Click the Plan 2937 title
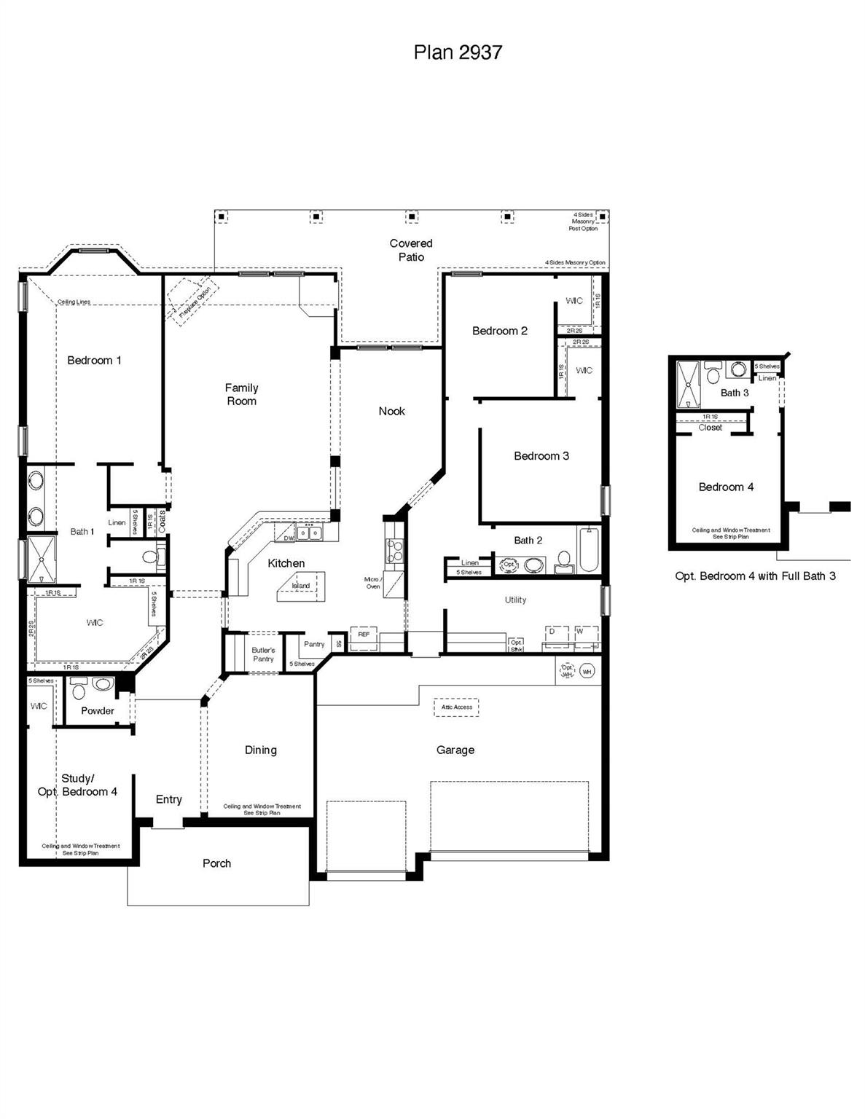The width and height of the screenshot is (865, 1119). (458, 52)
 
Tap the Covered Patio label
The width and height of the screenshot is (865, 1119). (411, 250)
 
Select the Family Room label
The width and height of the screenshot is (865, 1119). (241, 394)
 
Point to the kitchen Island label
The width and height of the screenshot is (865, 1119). (301, 586)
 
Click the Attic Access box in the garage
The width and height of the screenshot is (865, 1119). (457, 707)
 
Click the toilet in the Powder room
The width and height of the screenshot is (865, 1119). (103, 685)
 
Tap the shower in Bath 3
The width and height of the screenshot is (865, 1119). (687, 384)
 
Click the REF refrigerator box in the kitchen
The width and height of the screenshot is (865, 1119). (364, 635)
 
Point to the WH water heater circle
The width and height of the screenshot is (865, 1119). (587, 671)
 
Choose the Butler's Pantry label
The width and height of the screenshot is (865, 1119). (263, 654)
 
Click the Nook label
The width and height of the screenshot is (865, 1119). (391, 412)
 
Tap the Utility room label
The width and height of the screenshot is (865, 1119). (515, 600)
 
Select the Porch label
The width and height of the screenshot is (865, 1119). (216, 863)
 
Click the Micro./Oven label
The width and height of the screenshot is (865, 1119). (373, 583)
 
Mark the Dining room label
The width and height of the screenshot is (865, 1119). (260, 750)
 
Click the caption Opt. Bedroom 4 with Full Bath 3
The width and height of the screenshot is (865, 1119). (755, 576)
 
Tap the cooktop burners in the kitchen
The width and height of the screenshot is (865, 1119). (394, 550)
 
